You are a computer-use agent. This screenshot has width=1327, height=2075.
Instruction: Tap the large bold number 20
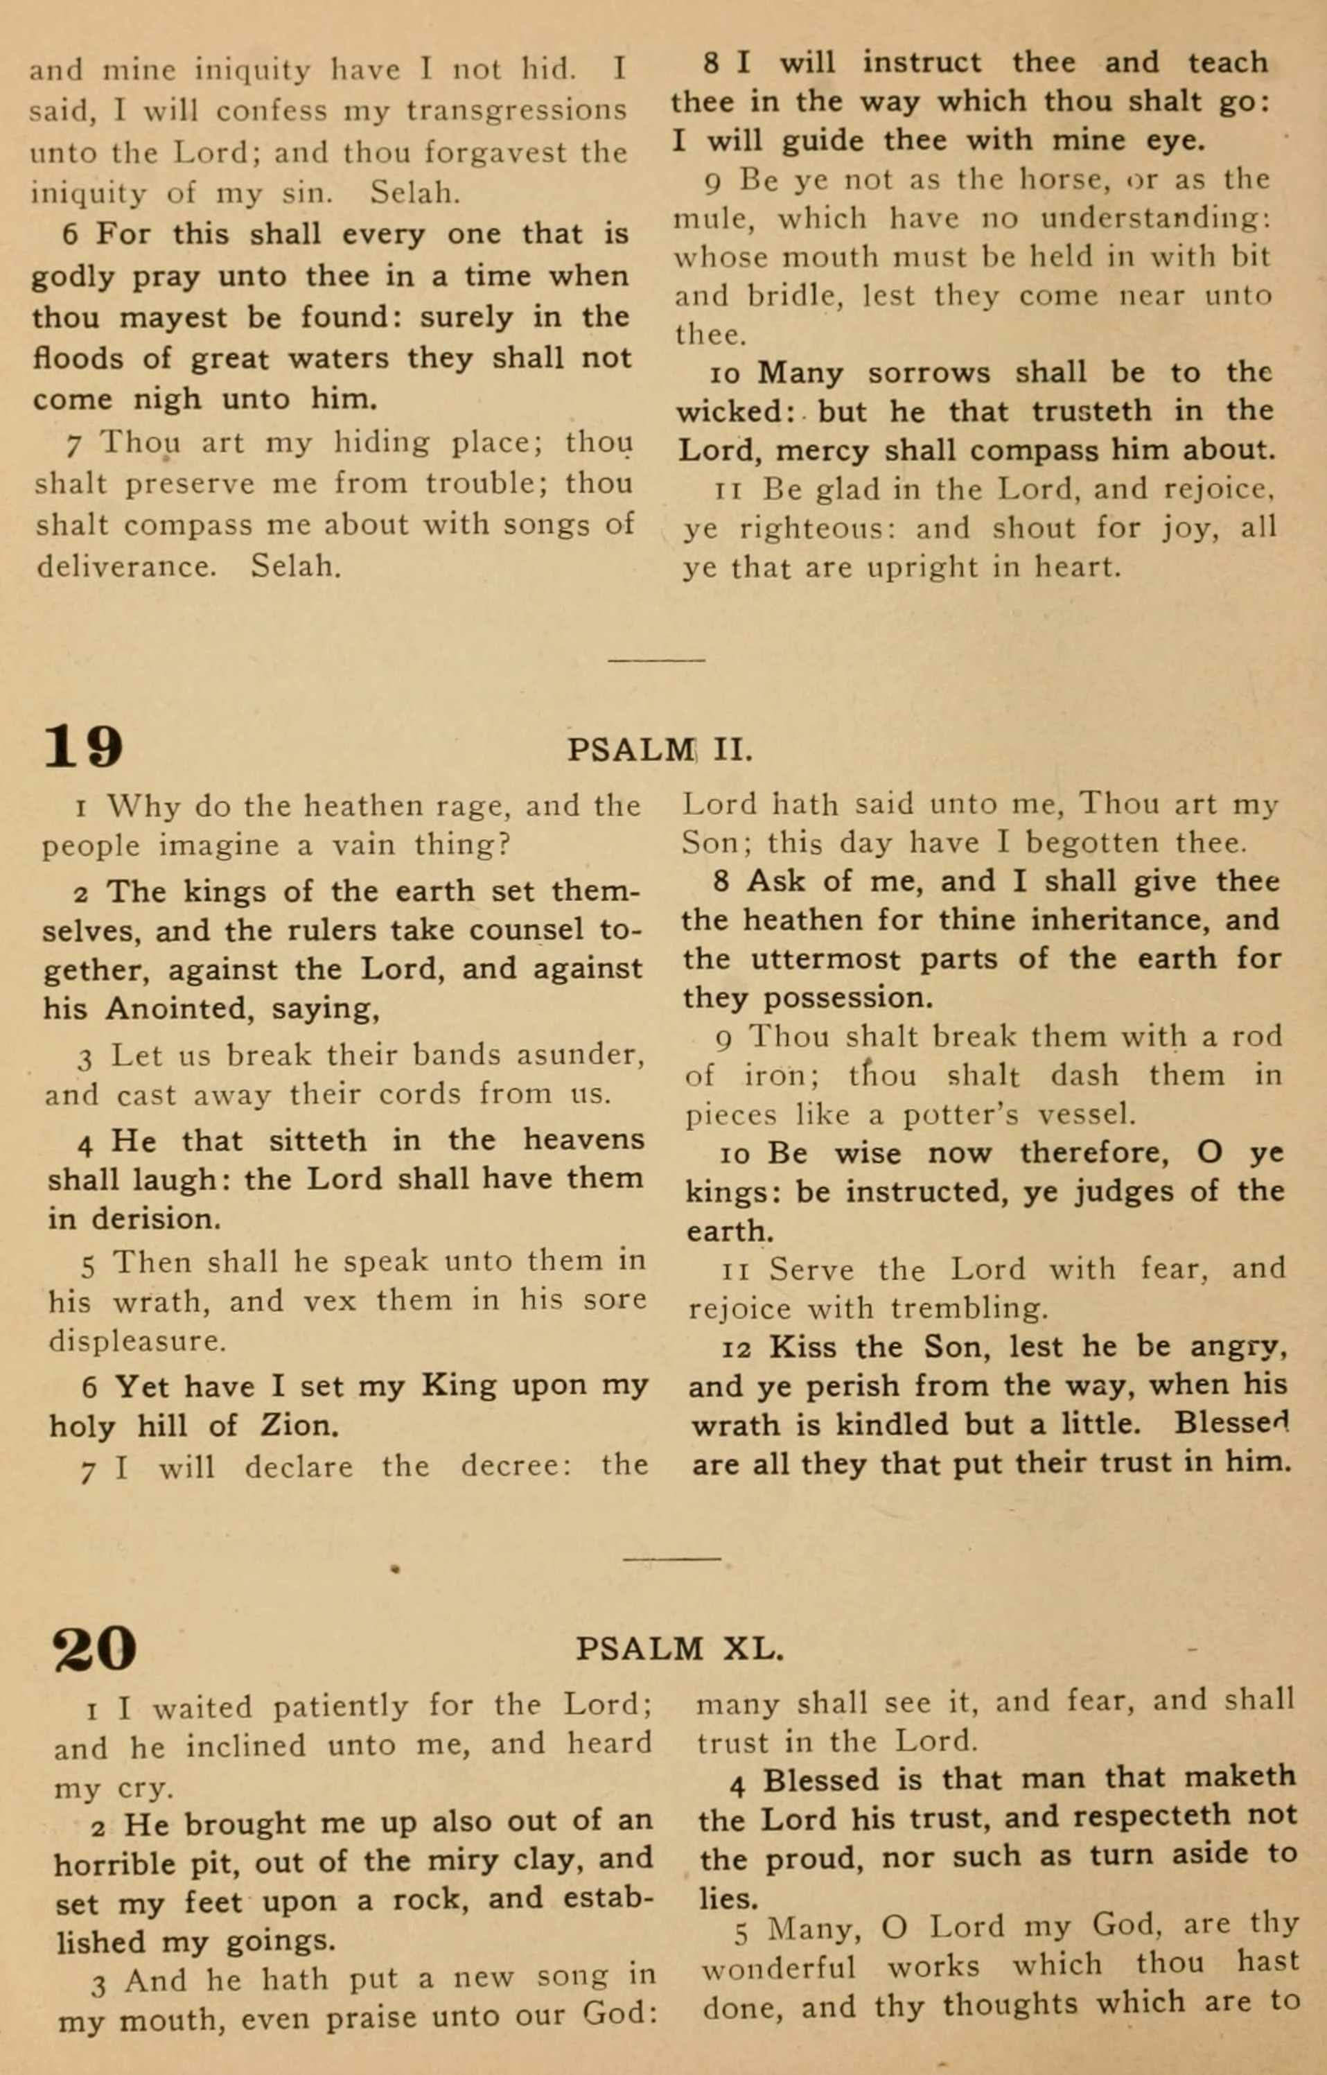95,1649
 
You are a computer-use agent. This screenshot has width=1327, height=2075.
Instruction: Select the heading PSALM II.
659,748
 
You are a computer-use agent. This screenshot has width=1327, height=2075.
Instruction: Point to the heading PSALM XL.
679,1649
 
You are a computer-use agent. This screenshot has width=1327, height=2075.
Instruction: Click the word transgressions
516,111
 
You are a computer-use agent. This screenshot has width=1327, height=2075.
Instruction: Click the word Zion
298,1426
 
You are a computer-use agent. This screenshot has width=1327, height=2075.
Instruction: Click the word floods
78,358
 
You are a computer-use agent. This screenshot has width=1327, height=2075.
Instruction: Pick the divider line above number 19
657,661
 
